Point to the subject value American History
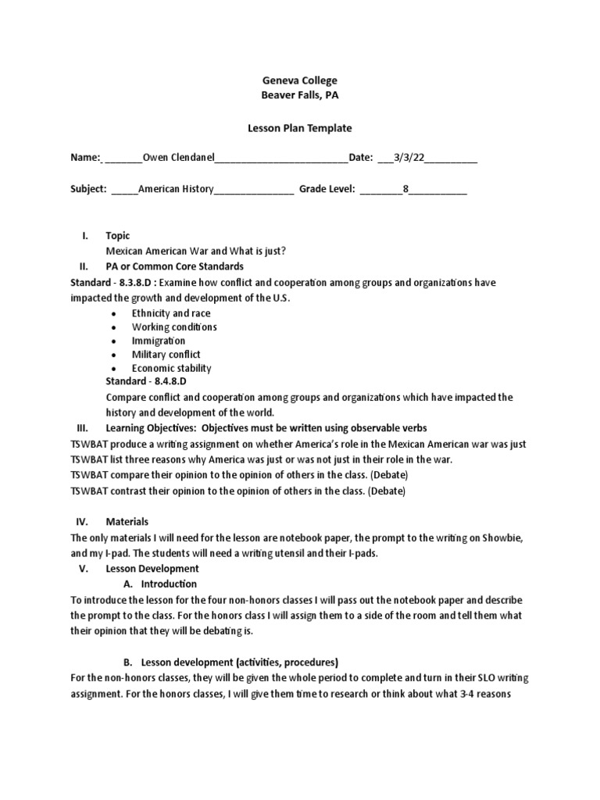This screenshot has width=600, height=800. point(176,189)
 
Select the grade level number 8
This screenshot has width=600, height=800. point(405,189)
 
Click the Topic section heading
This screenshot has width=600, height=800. point(117,236)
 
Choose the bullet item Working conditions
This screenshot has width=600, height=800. point(174,327)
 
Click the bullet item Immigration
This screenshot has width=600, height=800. point(159,341)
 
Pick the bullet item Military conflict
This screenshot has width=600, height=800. point(166,355)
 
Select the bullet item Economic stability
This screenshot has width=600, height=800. point(171,368)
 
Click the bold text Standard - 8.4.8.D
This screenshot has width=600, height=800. point(148,382)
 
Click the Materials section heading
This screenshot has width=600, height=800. point(127,521)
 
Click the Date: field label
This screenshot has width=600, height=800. point(360,158)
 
